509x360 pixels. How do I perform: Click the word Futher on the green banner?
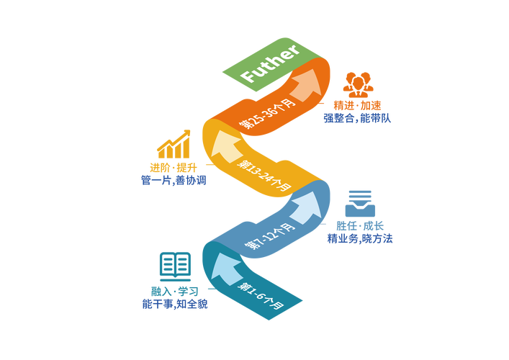[269, 64]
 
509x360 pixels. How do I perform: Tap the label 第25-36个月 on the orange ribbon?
[267, 113]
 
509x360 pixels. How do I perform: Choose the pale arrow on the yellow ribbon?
[226, 145]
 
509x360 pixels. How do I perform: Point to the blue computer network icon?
[359, 202]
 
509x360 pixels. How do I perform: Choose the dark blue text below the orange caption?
[357, 118]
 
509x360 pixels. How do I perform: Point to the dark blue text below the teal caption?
[175, 304]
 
